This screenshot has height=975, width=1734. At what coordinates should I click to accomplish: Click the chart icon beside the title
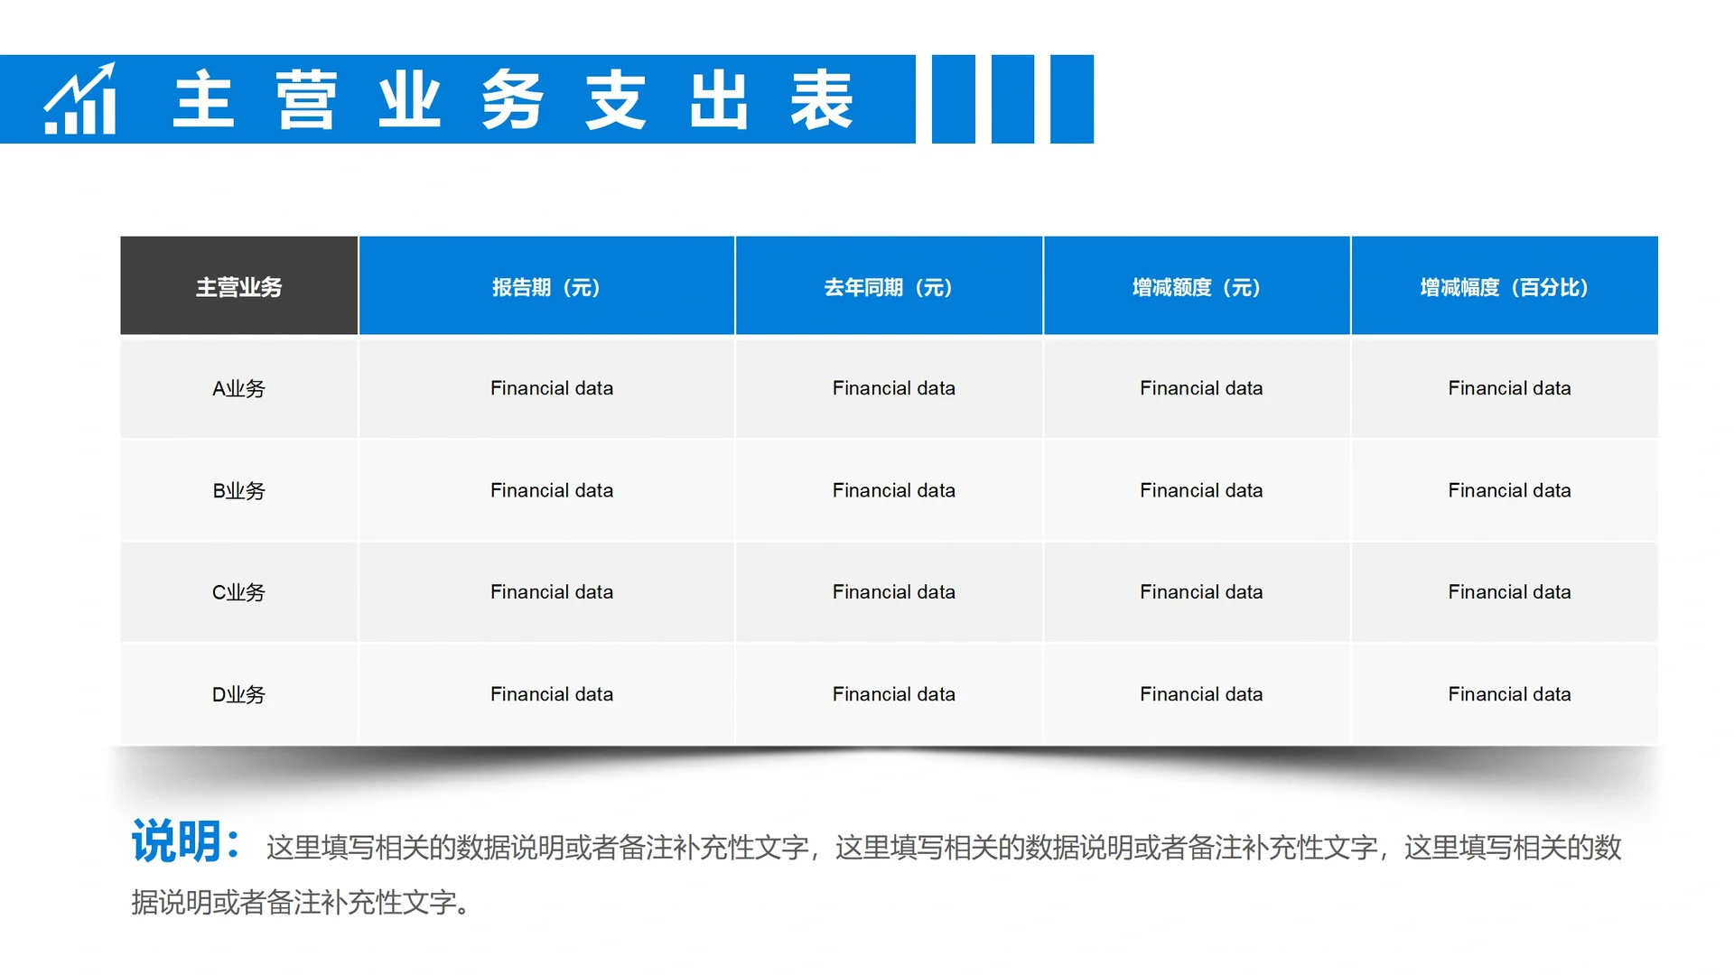click(80, 99)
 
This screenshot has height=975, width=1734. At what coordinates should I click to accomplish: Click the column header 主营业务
click(239, 287)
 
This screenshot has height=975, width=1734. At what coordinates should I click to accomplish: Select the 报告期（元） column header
click(546, 287)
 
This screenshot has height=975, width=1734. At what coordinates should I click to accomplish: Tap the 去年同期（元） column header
click(889, 287)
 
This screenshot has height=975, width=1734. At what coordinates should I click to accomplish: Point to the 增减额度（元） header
click(1197, 287)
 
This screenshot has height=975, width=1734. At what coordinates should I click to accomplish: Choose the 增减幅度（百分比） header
click(1505, 287)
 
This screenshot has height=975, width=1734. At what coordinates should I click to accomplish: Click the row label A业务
click(239, 389)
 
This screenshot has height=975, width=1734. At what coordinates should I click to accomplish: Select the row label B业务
click(239, 491)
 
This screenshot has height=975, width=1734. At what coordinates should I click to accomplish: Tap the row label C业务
click(239, 593)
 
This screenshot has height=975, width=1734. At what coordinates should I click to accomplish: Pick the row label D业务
click(239, 695)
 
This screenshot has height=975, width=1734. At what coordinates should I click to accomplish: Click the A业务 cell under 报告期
click(552, 388)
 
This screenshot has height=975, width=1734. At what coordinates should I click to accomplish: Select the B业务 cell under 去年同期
click(894, 490)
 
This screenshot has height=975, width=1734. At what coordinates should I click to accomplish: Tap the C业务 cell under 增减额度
click(1201, 592)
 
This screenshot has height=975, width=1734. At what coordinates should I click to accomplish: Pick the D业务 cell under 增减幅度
click(1509, 694)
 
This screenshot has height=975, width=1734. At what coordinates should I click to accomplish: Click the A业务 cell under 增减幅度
click(1509, 388)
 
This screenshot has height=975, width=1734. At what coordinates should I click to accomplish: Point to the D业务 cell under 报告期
click(552, 694)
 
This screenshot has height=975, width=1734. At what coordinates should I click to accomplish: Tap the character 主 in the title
click(204, 99)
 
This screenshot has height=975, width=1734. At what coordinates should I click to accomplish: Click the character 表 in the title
click(822, 99)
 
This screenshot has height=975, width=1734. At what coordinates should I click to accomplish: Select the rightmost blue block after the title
click(1072, 99)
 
